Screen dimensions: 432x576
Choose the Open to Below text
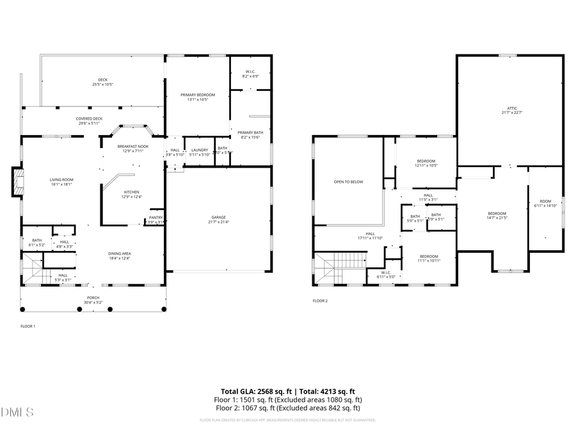pyautogui.click(x=348, y=182)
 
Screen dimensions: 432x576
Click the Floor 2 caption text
pyautogui.click(x=320, y=300)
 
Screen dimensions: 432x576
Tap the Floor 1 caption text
pyautogui.click(x=28, y=326)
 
